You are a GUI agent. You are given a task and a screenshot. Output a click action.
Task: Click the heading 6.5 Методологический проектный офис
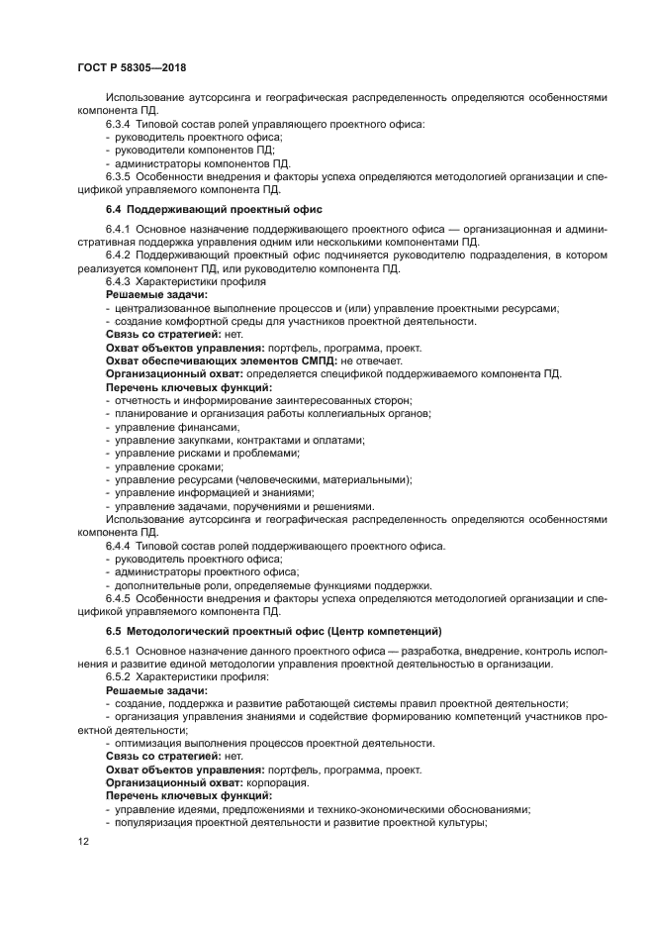point(273,631)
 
